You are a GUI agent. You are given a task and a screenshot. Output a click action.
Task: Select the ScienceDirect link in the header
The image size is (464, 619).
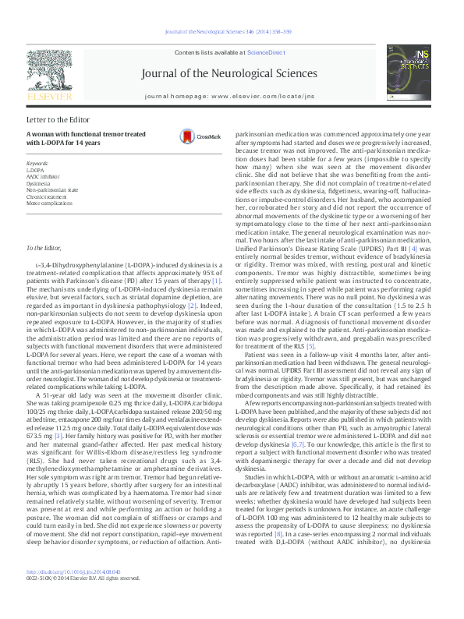[264, 51]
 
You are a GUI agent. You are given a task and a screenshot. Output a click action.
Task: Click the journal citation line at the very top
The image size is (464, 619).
[231, 32]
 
